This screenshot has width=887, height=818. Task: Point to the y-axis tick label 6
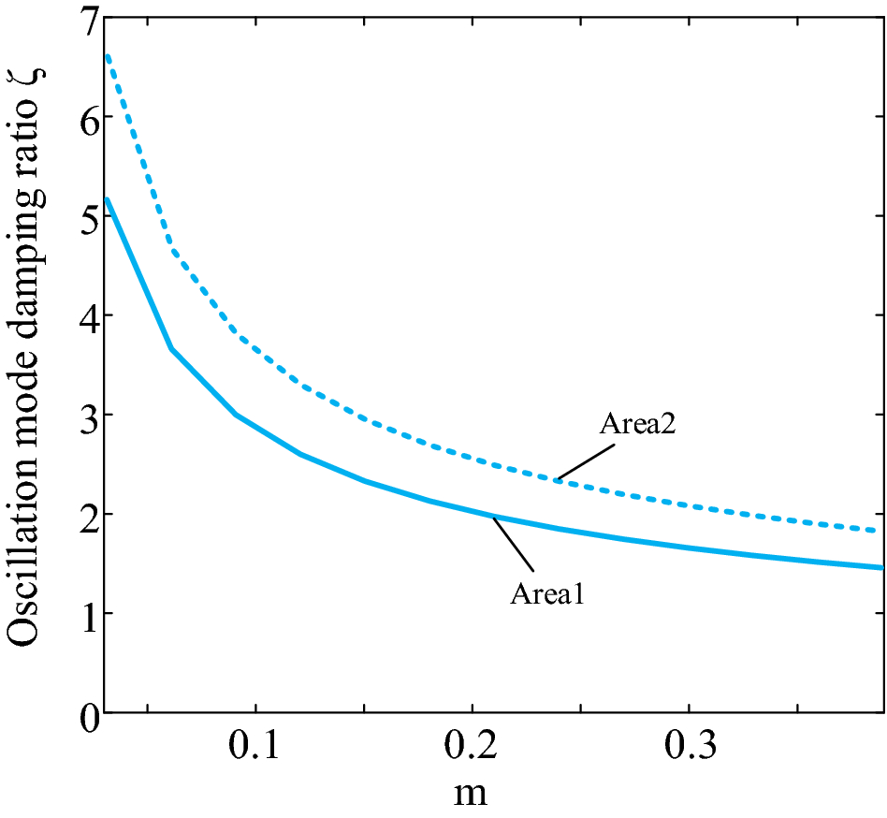click(82, 118)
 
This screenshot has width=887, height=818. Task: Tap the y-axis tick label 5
click(82, 217)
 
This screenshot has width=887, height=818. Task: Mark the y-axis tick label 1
click(82, 614)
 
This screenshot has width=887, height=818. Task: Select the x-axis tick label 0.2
click(472, 749)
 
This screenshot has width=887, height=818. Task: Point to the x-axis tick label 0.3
click(689, 749)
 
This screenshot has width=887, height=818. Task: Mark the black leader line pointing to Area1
click(514, 543)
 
